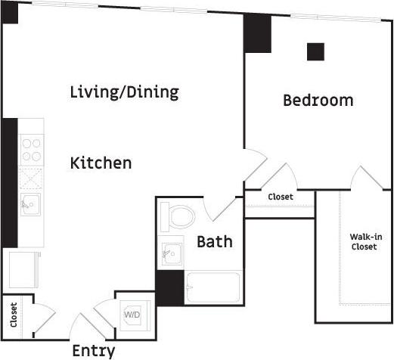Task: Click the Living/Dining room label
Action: [124, 92]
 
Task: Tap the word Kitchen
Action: [101, 163]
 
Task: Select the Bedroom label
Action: [318, 100]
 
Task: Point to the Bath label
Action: [215, 242]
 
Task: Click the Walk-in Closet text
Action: [365, 242]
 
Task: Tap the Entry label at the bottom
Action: [94, 351]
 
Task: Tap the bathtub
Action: [213, 287]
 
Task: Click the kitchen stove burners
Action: [31, 150]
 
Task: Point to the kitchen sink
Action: [31, 203]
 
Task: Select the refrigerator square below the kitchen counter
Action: [23, 268]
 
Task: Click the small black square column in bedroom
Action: [315, 51]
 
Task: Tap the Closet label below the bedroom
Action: [281, 197]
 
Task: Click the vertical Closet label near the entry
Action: [14, 315]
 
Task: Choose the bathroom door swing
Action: [215, 203]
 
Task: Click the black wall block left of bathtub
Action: [169, 287]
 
